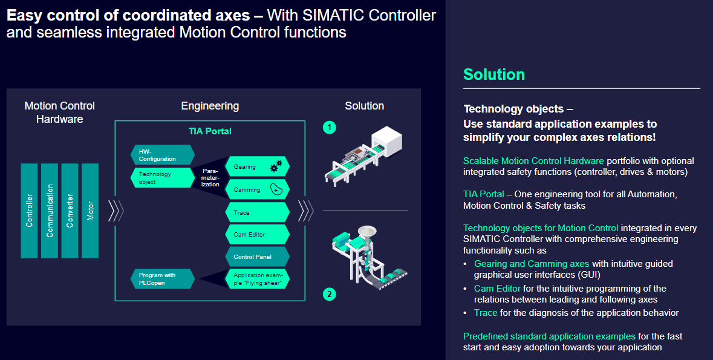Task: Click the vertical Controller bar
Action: coord(29,210)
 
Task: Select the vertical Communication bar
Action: coord(50,210)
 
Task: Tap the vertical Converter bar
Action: coord(70,210)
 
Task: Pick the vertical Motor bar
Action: coord(90,210)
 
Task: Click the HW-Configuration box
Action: coord(161,155)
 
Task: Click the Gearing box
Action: coord(257,166)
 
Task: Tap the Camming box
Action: coord(257,189)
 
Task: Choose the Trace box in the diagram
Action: coord(257,212)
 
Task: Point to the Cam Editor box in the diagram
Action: coord(257,234)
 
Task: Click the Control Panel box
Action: coord(257,257)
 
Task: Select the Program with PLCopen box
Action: coord(161,279)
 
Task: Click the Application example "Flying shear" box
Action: coord(257,279)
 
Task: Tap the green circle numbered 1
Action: coord(329,127)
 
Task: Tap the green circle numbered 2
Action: coord(329,294)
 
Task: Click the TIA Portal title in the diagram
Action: coord(210,131)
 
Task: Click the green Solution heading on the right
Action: coord(493,74)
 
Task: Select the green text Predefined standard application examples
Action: coord(549,336)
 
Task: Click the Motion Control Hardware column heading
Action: coord(59,113)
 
